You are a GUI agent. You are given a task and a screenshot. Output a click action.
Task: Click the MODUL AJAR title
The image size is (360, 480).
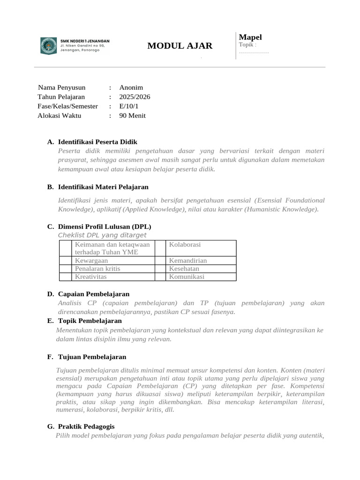point(180,46)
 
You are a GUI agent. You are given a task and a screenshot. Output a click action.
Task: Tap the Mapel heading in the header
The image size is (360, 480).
point(250,37)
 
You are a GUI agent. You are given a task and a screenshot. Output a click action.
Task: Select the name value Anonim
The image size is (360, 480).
point(131,88)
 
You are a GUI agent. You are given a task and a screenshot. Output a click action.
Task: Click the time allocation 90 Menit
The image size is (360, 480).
point(132,116)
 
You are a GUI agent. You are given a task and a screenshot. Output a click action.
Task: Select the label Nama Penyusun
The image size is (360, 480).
point(62,88)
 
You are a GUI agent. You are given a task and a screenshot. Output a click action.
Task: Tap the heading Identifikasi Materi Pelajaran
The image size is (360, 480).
point(103,187)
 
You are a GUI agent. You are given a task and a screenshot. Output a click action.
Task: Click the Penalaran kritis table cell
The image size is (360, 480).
point(97,269)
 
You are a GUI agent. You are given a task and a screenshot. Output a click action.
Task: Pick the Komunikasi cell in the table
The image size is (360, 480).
point(187,277)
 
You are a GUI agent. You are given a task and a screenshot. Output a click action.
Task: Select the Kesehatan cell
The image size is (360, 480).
point(184,269)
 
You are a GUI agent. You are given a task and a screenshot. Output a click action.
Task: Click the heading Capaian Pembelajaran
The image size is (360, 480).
point(94,294)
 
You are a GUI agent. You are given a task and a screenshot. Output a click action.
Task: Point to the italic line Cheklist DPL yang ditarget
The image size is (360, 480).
point(102,235)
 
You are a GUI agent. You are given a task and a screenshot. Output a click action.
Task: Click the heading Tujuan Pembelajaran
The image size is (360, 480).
point(92,357)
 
